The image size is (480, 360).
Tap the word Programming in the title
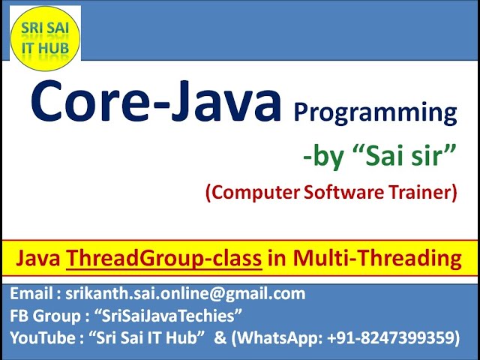click(375, 112)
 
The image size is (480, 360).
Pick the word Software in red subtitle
click(337, 193)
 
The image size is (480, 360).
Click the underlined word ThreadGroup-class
click(164, 259)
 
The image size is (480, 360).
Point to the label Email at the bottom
click(30, 294)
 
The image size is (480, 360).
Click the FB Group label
click(46, 316)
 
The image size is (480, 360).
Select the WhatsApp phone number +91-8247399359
click(391, 338)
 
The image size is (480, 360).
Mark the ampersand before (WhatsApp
click(220, 338)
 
